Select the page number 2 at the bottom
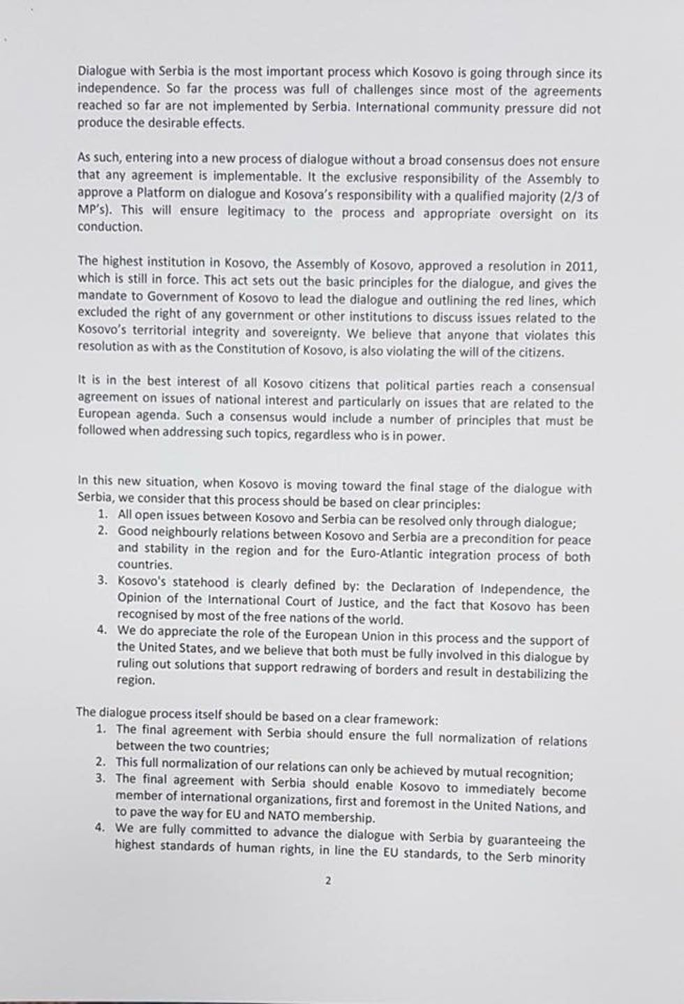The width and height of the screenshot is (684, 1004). click(x=327, y=881)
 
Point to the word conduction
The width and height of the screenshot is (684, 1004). click(x=110, y=227)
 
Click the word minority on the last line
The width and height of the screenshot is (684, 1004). click(x=561, y=859)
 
